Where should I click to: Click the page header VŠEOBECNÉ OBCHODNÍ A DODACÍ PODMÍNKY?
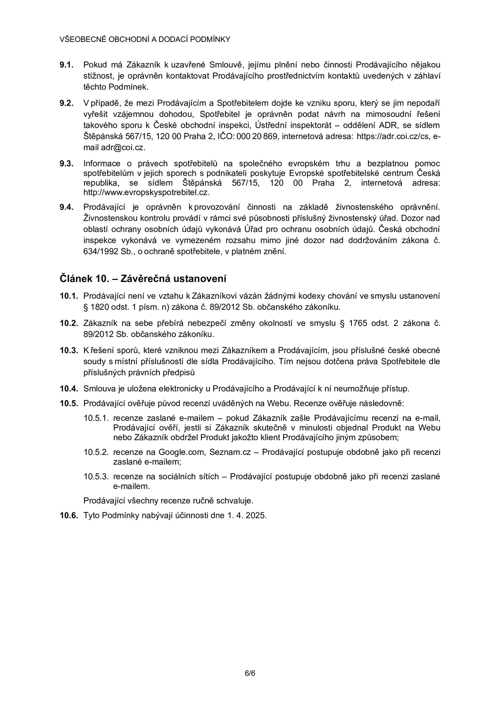coord(145,39)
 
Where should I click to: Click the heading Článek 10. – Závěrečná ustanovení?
coord(143,279)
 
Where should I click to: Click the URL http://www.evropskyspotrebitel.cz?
coord(146,192)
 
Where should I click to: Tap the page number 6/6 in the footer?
coord(250,673)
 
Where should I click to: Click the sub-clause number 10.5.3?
coord(96,477)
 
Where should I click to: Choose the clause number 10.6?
coord(68,515)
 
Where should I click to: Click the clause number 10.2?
coord(68,323)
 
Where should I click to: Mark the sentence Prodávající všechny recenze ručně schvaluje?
coord(168,500)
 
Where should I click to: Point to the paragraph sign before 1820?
coord(86,307)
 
